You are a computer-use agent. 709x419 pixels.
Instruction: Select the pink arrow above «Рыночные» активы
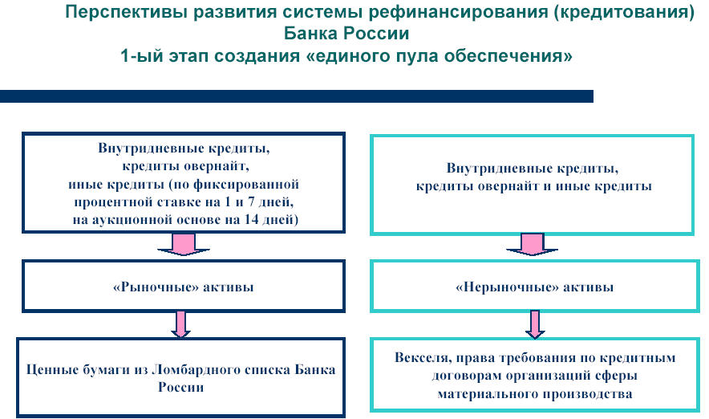click(183, 245)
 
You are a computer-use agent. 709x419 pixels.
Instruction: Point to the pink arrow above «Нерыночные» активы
click(531, 245)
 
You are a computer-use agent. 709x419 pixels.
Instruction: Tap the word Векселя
click(419, 359)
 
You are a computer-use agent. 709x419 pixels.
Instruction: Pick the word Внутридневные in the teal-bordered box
click(488, 169)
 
